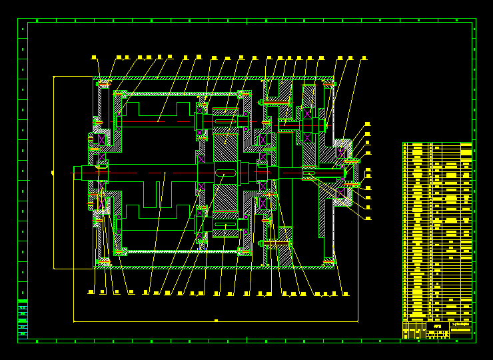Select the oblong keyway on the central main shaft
click(x=226, y=173)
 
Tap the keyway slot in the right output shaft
click(x=308, y=173)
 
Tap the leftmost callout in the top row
click(x=94, y=57)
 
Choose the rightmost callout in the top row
click(x=364, y=58)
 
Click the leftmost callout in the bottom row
click(x=91, y=292)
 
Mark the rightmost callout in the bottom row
click(x=345, y=293)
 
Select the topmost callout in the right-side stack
click(x=367, y=123)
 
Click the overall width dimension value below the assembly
click(x=216, y=321)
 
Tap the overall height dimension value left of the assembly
click(x=52, y=173)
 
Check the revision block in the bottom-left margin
click(x=23, y=319)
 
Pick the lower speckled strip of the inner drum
click(x=180, y=251)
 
